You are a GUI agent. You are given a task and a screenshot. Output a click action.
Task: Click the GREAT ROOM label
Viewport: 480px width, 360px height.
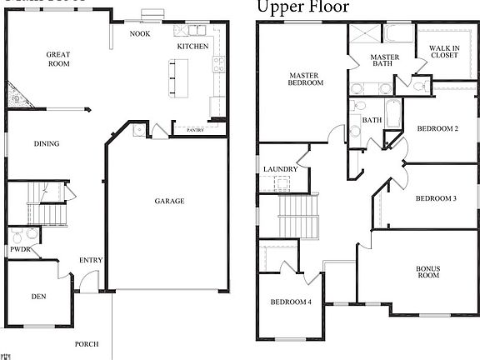58,59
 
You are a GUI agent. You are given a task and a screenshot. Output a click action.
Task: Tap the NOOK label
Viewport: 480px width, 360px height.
140,34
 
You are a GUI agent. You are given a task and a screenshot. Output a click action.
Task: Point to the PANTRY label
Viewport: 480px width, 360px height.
195,130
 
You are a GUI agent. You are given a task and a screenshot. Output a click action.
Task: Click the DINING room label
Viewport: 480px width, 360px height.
47,143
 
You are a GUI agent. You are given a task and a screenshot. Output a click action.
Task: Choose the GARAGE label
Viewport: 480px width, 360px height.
169,201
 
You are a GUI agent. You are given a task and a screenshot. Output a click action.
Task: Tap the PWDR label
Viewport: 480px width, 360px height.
20,250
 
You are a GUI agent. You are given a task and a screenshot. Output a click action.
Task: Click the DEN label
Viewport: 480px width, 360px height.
39,296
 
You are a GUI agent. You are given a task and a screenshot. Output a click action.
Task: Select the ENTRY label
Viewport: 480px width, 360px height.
91,260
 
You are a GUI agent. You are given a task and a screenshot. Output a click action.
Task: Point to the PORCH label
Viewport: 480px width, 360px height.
87,343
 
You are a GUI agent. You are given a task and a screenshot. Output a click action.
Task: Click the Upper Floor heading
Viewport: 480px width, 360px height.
302,7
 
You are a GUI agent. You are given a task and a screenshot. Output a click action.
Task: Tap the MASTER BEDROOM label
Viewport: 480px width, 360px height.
306,78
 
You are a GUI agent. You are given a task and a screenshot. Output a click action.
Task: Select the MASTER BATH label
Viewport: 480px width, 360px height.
384,62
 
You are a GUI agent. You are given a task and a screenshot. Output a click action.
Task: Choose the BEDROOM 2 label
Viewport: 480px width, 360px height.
437,128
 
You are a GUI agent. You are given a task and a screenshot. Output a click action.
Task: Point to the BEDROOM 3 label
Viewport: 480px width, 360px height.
436,197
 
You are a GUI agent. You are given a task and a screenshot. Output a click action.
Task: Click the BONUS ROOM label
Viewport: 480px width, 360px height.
427,271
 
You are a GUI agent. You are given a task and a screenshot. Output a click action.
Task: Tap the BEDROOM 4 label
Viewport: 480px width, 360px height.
291,302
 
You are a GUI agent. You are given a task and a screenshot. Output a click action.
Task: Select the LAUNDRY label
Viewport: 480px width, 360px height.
280,169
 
